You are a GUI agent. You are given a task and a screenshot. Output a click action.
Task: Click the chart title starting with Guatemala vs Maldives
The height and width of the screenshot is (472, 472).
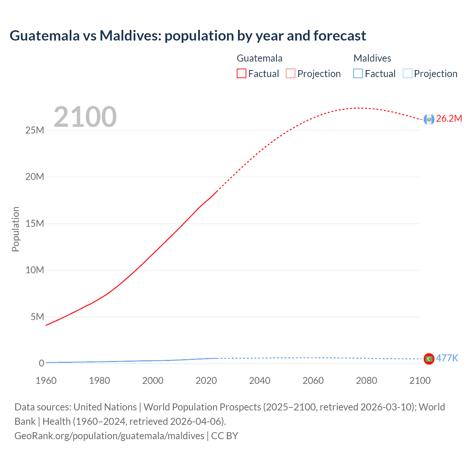pos(188,36)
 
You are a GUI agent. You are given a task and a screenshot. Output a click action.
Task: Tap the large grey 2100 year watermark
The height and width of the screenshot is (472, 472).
pos(85,117)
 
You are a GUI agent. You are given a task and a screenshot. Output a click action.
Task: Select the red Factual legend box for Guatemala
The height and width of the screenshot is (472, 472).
pos(241,74)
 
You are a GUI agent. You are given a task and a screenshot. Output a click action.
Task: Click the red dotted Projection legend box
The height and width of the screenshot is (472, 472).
pos(291,74)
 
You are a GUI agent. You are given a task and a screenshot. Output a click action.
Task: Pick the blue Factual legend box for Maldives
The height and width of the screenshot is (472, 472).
pos(358,74)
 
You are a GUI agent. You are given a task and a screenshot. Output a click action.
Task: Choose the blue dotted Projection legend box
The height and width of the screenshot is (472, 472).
pos(407,74)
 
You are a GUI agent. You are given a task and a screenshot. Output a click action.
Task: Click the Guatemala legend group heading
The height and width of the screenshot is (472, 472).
pos(259,58)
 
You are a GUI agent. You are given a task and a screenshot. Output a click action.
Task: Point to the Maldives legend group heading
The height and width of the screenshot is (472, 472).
pos(372,58)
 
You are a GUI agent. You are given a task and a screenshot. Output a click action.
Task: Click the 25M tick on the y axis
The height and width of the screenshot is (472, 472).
pos(35,131)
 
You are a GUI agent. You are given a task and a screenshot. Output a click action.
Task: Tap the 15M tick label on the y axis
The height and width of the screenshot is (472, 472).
pos(35,223)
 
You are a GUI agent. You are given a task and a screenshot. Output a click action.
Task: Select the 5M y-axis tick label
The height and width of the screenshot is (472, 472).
pos(37,317)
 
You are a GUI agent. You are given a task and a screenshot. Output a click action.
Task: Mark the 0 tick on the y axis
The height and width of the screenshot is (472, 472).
pos(41,363)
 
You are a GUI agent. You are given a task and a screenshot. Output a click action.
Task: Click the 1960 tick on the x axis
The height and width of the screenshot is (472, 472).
pos(46,381)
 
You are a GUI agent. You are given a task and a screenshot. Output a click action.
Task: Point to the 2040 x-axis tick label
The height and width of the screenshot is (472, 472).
pos(260,381)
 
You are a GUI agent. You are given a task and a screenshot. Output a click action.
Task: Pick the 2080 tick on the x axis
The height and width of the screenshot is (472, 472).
pos(367,381)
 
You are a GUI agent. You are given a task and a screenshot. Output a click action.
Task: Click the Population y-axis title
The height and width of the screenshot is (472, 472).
pos(15,229)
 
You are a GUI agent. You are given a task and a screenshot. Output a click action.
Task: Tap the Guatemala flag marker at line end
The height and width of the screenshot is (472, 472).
pos(429,119)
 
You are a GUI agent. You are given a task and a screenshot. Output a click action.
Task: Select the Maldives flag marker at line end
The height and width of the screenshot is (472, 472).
pos(429,359)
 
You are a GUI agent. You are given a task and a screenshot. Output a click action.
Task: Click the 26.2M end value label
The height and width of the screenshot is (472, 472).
pos(449,118)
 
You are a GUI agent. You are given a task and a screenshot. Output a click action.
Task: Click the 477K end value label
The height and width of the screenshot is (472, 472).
pos(447,358)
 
